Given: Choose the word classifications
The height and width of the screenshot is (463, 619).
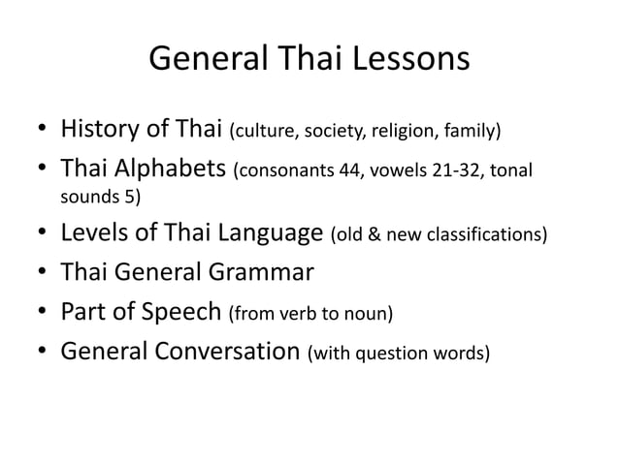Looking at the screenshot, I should coord(485,235).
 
